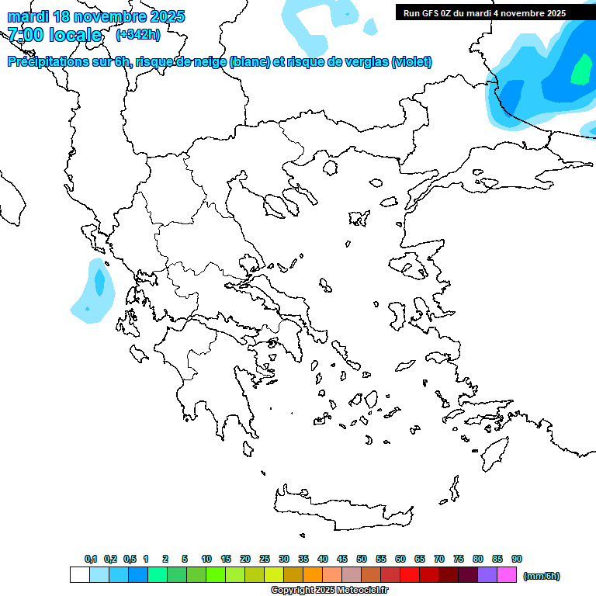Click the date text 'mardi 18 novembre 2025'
click(96, 16)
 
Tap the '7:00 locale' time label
click(54, 35)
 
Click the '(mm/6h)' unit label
click(542, 576)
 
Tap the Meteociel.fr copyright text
click(329, 590)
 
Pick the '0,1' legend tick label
click(91, 559)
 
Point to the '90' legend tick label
click(517, 559)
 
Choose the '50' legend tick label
click(362, 559)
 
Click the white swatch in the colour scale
click(80, 575)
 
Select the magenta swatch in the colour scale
click(507, 575)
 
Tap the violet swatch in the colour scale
click(487, 575)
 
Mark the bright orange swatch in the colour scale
click(313, 575)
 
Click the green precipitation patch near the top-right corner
click(580, 71)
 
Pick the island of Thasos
click(330, 167)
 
